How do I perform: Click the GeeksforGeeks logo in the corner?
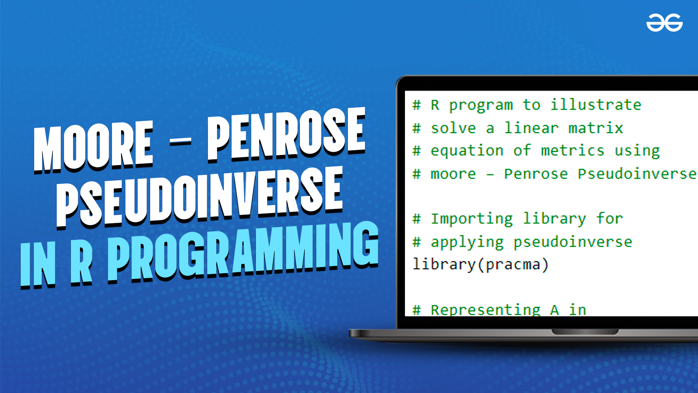[x=664, y=23]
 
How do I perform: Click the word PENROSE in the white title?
[x=286, y=134]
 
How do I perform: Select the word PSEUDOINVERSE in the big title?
[x=200, y=196]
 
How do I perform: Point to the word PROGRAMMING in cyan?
[x=243, y=251]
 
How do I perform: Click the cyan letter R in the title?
[x=81, y=262]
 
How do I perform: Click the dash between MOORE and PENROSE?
[x=180, y=142]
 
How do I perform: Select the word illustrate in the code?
[x=596, y=105]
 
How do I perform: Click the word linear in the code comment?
[x=531, y=128]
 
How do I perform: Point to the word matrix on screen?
[x=596, y=128]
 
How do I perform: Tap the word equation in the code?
[x=467, y=151]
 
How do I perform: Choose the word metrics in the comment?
[x=573, y=151]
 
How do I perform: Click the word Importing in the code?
[x=472, y=219]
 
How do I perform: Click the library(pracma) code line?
[x=481, y=265]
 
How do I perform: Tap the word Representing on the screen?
[x=486, y=310]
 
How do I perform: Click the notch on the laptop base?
[x=585, y=332]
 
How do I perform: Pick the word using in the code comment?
[x=637, y=151]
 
